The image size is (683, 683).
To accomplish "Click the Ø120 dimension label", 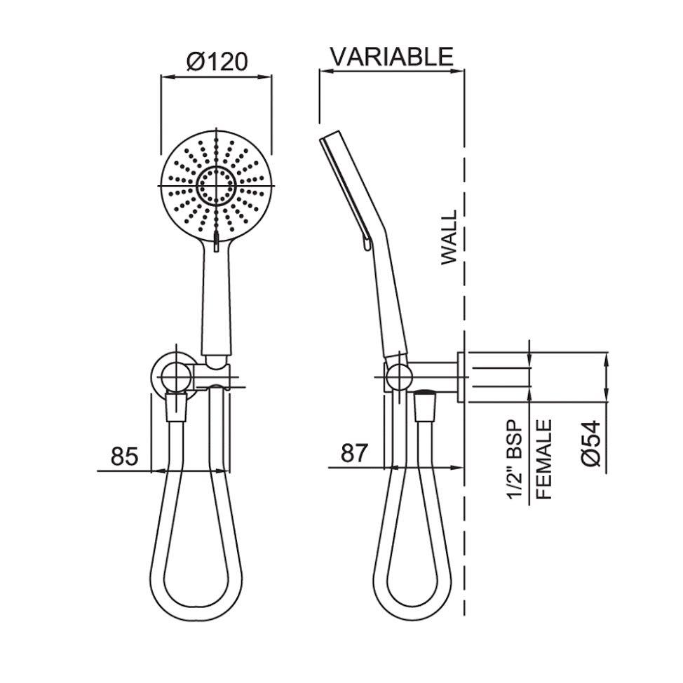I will (x=217, y=61).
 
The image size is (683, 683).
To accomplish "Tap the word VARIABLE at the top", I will (x=391, y=56).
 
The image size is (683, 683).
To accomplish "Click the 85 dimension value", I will (x=125, y=457).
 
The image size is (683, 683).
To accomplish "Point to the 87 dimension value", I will (x=354, y=454).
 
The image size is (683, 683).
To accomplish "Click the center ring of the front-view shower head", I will (x=216, y=185).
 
